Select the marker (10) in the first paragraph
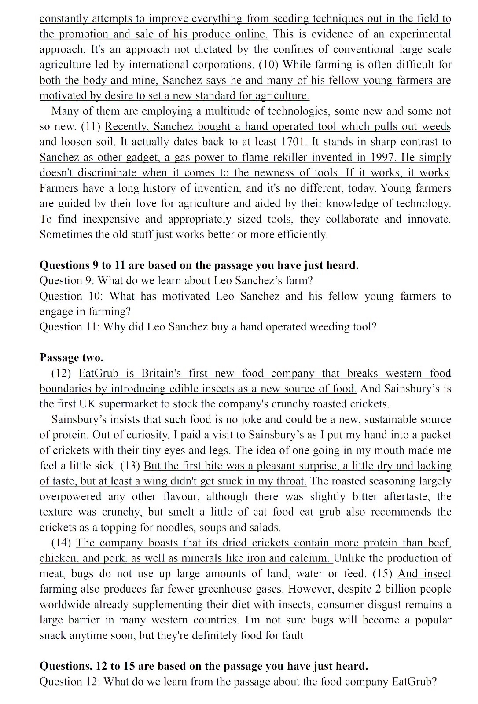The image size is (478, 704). [x=268, y=65]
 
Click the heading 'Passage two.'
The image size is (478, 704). [x=71, y=358]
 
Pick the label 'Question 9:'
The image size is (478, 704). [x=67, y=281]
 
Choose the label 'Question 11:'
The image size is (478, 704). [x=70, y=327]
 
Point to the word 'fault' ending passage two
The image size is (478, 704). [x=292, y=635]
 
